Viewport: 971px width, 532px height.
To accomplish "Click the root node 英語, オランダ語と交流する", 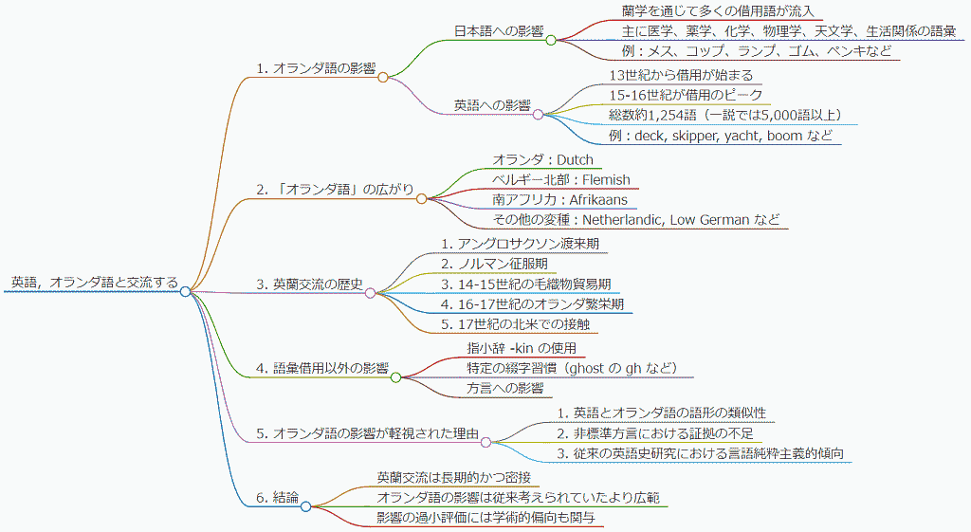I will click(x=93, y=282).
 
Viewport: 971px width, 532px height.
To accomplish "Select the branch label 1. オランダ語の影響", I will click(x=316, y=68).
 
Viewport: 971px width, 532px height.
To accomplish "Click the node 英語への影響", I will click(x=492, y=104).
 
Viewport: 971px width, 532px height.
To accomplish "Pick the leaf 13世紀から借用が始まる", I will click(x=680, y=75).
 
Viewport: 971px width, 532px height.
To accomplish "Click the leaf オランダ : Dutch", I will click(x=541, y=159).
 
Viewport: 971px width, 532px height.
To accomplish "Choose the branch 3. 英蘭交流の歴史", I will click(x=309, y=284).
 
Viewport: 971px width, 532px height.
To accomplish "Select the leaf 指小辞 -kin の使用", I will click(x=521, y=347).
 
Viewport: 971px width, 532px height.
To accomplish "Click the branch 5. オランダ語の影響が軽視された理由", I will click(x=366, y=433).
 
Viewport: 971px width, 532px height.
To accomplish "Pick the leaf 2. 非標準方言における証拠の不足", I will click(x=655, y=432).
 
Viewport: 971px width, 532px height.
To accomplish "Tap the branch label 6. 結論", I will click(x=277, y=497).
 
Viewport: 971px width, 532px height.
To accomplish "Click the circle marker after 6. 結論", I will click(x=305, y=506).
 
